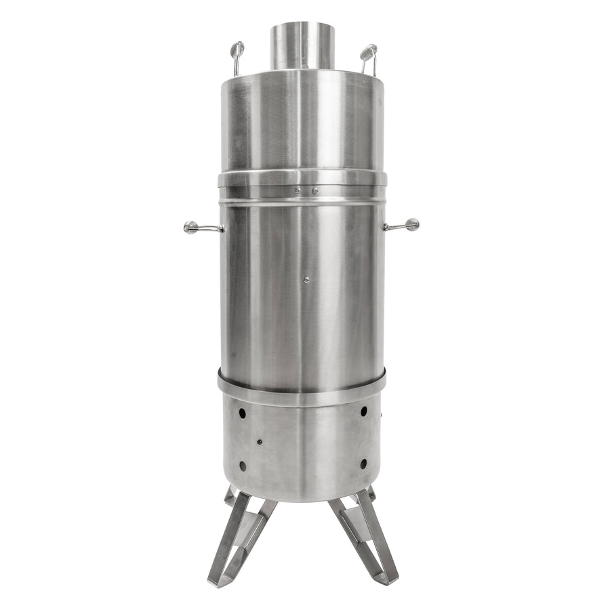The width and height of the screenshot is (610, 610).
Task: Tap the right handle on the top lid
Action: pyautogui.click(x=368, y=54)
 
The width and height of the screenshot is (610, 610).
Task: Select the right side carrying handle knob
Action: pyautogui.click(x=411, y=224)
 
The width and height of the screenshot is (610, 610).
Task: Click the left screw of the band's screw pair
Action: pyautogui.click(x=296, y=192)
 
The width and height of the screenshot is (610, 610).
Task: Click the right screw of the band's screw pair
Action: pyautogui.click(x=314, y=192)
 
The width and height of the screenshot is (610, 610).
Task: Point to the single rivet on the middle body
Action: pyautogui.click(x=306, y=279)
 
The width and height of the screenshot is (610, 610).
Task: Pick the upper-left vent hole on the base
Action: pyautogui.click(x=242, y=411)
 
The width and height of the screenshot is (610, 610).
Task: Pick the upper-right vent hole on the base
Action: pyautogui.click(x=364, y=411)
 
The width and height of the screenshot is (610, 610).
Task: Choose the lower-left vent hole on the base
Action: pyautogui.click(x=242, y=466)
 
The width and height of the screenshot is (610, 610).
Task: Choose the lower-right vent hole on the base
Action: pyautogui.click(x=363, y=464)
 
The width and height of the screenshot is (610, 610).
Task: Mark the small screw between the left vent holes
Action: pyautogui.click(x=259, y=442)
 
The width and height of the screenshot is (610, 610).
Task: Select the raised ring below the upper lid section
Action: pyautogui.click(x=302, y=178)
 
